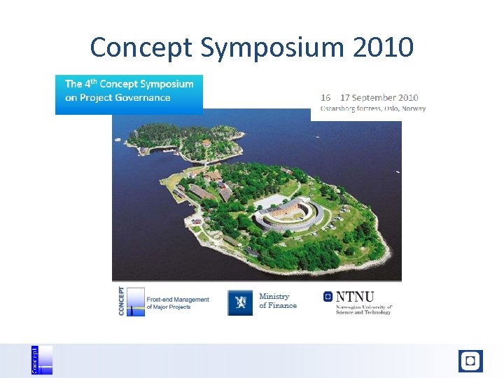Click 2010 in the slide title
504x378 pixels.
coord(383,47)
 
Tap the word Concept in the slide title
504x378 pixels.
coord(142,48)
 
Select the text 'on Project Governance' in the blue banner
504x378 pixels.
coord(118,98)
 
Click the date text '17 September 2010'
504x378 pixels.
coord(379,98)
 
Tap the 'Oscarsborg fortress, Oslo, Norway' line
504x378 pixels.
coord(373,108)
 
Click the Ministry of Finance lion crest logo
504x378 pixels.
coord(240,302)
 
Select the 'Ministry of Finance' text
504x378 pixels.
coord(278,301)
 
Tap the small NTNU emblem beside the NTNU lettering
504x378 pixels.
coord(328,297)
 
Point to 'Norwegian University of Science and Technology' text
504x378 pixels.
coord(364,309)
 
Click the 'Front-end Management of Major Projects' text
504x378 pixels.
coord(177,303)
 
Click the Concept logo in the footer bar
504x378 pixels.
coord(41,360)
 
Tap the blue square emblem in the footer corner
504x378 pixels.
coord(470,361)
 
